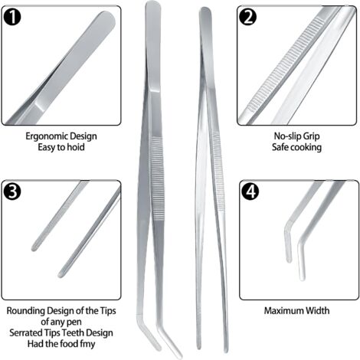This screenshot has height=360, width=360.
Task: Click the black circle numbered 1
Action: point(12,17)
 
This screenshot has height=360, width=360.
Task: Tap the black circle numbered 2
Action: point(248,17)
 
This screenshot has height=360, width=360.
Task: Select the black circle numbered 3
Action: point(12,191)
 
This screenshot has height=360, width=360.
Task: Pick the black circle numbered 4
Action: point(250,191)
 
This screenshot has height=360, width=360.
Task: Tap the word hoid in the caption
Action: point(76,147)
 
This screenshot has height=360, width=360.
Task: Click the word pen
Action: point(75,322)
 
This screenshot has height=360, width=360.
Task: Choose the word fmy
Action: point(87,344)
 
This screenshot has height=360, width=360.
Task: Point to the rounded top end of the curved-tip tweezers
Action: point(152,5)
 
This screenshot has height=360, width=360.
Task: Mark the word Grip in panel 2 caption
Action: point(311,136)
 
